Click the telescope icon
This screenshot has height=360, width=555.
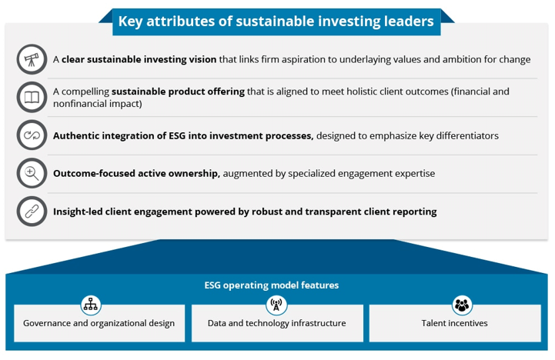(x=32, y=59)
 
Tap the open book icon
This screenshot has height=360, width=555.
(x=32, y=97)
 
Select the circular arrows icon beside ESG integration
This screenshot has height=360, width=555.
(x=32, y=135)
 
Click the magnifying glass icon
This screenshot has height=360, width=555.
(x=32, y=173)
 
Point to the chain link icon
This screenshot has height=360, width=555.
(x=32, y=212)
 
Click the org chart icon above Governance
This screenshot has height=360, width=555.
(x=91, y=305)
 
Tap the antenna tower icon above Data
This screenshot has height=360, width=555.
(x=276, y=305)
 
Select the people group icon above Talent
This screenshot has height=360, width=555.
(x=462, y=305)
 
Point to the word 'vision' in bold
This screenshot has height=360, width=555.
(x=202, y=59)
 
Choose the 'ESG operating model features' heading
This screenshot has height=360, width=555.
(x=272, y=285)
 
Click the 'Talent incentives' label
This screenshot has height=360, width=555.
(x=454, y=323)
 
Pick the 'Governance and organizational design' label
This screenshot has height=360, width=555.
(x=99, y=324)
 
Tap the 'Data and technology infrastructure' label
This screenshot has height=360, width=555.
(x=277, y=324)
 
